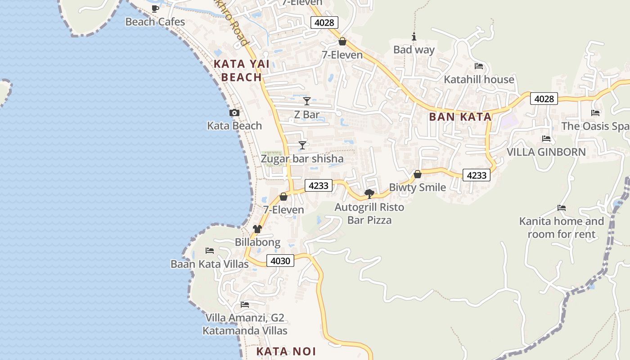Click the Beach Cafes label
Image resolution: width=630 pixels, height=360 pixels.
[155, 22]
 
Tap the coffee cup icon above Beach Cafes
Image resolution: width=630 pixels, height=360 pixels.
[155, 9]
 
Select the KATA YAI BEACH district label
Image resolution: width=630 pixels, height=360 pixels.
[242, 71]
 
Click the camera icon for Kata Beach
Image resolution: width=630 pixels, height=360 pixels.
[234, 112]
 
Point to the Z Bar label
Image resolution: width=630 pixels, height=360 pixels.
[306, 115]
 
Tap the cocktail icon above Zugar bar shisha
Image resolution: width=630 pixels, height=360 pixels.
[302, 145]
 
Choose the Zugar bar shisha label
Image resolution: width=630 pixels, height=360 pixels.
[302, 159]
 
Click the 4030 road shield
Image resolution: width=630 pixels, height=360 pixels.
[280, 261]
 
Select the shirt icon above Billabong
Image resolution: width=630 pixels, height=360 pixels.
[257, 229]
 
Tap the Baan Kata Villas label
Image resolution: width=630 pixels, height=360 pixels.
[210, 264]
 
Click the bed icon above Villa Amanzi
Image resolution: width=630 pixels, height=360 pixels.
[245, 305]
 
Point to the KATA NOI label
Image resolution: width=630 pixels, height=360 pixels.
[286, 351]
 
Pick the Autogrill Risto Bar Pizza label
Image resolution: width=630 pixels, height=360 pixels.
[369, 214]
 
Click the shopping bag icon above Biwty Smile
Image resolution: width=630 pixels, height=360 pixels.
[418, 174]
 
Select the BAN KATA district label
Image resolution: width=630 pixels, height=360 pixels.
[460, 117]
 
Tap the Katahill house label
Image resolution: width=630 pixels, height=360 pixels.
[479, 80]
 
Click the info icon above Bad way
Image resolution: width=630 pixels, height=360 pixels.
[414, 37]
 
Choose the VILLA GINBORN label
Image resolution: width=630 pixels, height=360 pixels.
[546, 152]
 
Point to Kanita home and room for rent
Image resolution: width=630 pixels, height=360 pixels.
[562, 228]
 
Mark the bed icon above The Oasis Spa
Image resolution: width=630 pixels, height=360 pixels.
[595, 113]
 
